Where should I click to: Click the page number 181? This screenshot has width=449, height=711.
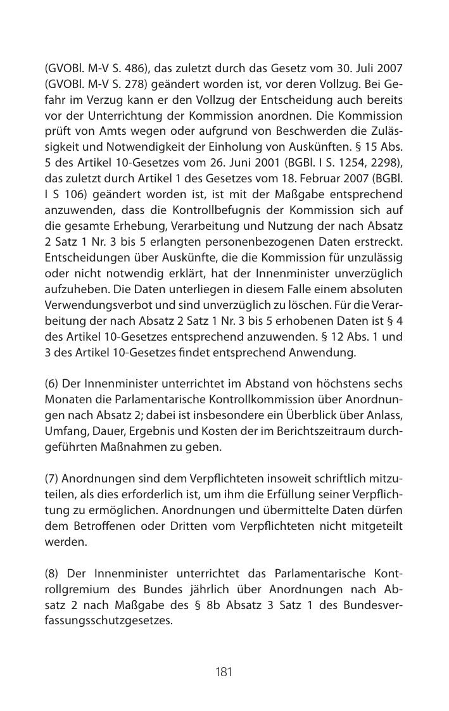pos(224,672)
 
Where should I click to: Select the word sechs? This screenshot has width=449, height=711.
pos(387,384)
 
